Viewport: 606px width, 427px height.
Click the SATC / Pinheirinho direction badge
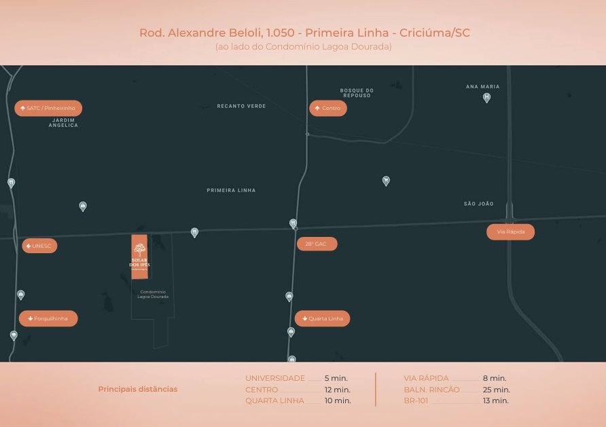[x=48, y=108]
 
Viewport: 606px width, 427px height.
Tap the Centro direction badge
[x=328, y=108]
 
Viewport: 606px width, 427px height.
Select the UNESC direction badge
[x=39, y=246]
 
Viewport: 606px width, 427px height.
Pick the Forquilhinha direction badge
[x=48, y=318]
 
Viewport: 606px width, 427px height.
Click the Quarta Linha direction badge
[x=323, y=318]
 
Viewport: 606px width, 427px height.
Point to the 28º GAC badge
[x=317, y=243]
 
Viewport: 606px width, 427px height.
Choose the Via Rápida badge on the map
[x=510, y=232]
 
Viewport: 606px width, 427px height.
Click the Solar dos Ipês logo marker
[x=139, y=256]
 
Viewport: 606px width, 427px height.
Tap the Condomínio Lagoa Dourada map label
[x=153, y=295]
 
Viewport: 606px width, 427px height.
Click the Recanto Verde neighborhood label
[x=241, y=107]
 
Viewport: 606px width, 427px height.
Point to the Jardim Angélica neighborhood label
[x=63, y=123]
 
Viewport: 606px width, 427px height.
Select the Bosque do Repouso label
[x=357, y=93]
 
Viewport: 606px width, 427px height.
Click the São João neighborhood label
[x=479, y=204]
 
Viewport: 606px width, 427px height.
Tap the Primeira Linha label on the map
[x=231, y=191]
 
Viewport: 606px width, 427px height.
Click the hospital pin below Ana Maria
[x=486, y=98]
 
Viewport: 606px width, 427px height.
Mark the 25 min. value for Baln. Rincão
[x=496, y=390]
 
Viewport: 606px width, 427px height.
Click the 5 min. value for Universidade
[x=336, y=378]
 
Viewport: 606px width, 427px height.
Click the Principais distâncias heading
[x=138, y=389]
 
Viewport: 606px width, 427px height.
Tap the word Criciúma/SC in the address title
[x=435, y=33]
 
